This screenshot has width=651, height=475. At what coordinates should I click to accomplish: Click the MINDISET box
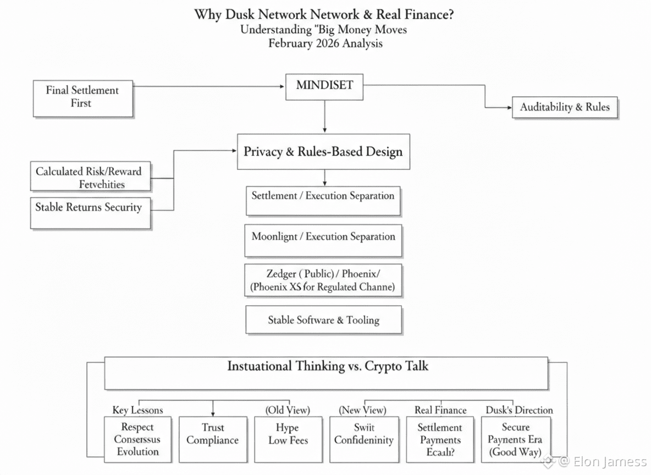tap(324, 86)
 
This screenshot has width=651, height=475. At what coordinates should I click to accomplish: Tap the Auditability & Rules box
tap(565, 107)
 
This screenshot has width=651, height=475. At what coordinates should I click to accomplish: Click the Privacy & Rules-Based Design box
tap(323, 151)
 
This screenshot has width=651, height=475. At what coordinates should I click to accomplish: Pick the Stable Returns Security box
tap(90, 212)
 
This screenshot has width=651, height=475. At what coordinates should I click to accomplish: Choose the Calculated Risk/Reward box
tap(89, 177)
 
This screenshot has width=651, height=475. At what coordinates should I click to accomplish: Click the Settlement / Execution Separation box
tap(323, 200)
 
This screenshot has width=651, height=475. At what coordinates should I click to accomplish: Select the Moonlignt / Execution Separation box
tap(323, 241)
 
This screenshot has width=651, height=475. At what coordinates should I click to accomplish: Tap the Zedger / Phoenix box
tap(323, 280)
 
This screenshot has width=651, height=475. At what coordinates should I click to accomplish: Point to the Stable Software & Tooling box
tap(323, 320)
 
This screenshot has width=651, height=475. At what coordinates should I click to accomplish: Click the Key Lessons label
tap(137, 410)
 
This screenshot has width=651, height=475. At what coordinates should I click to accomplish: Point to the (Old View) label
tap(288, 410)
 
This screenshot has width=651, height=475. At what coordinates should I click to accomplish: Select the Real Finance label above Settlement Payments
tap(440, 410)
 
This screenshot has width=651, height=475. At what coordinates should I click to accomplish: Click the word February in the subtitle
tap(291, 43)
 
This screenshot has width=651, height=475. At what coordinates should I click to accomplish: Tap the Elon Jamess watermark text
tap(610, 461)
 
